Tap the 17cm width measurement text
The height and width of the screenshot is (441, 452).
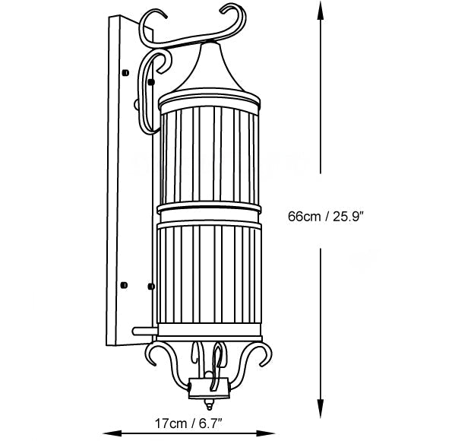click(x=172, y=421)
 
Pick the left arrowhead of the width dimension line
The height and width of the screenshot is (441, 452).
click(x=105, y=431)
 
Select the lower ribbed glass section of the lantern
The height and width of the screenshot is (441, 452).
click(x=209, y=278)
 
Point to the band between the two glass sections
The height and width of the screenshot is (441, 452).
click(x=209, y=211)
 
